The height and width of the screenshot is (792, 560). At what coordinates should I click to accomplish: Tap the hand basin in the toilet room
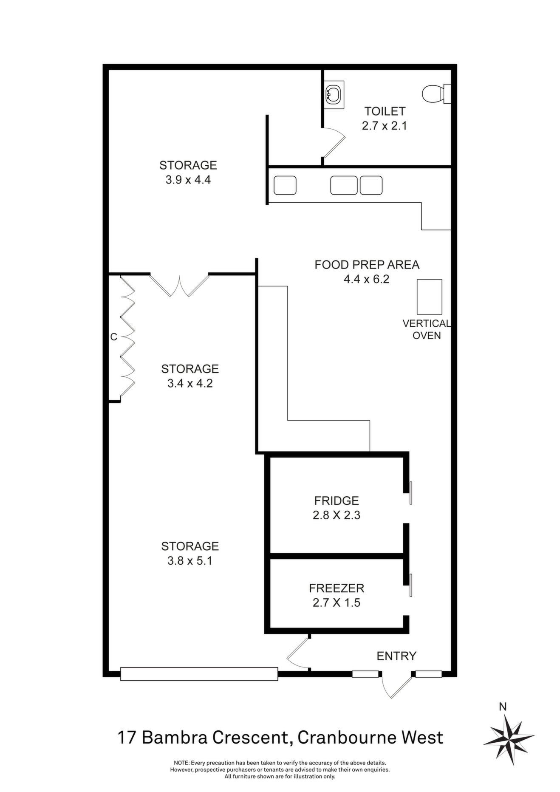tap(334, 94)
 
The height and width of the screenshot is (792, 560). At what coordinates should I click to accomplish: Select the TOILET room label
tap(385, 111)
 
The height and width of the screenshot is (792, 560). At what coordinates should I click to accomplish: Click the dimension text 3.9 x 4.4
tap(188, 179)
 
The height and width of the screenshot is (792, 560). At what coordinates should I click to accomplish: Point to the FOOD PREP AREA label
tap(367, 265)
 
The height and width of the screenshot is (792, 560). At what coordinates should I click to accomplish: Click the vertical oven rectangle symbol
tap(430, 297)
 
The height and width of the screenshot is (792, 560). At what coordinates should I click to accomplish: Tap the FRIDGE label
tap(337, 501)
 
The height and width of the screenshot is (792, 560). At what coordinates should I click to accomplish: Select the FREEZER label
tap(337, 588)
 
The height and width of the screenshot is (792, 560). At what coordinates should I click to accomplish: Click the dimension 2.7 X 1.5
tap(337, 602)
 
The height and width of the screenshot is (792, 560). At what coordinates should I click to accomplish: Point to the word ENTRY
tap(396, 656)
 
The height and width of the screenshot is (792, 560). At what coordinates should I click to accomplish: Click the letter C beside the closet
tap(113, 337)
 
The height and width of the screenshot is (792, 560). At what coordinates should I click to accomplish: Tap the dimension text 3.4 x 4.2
tap(190, 383)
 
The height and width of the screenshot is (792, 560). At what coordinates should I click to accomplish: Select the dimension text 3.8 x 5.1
tap(190, 561)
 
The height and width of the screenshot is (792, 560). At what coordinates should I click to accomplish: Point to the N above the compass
tap(503, 707)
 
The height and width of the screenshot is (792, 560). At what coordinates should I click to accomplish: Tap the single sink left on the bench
tap(285, 185)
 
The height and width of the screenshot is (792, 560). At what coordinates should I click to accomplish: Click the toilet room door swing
tap(334, 143)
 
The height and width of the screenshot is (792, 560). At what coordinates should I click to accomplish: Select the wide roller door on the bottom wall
tap(199, 674)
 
